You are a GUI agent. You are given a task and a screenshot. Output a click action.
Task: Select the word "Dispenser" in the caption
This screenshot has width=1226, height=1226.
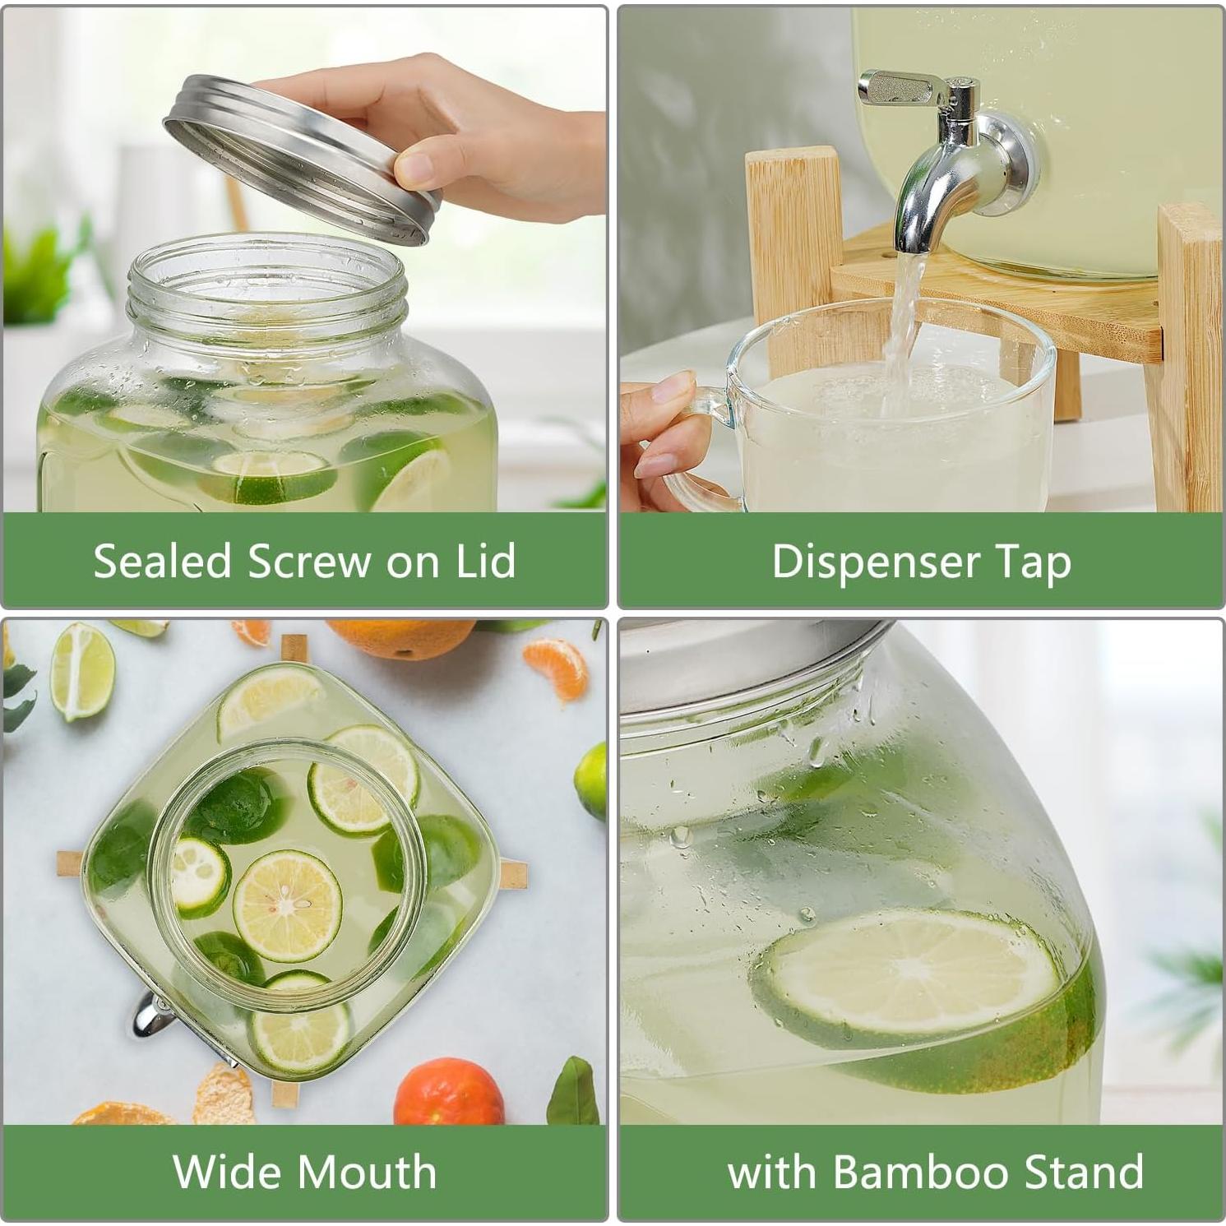point(876,562)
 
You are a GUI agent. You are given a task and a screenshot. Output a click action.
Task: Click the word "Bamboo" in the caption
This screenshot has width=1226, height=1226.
point(934,1171)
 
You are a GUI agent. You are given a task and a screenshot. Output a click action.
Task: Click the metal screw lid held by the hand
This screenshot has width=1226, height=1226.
point(303,156)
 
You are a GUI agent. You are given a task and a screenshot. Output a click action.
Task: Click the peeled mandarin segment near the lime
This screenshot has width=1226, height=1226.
point(556,668)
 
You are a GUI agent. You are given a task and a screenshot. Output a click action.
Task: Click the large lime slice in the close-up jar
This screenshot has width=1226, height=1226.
point(904,978)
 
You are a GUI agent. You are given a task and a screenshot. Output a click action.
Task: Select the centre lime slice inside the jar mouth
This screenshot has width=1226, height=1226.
point(287,905)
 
